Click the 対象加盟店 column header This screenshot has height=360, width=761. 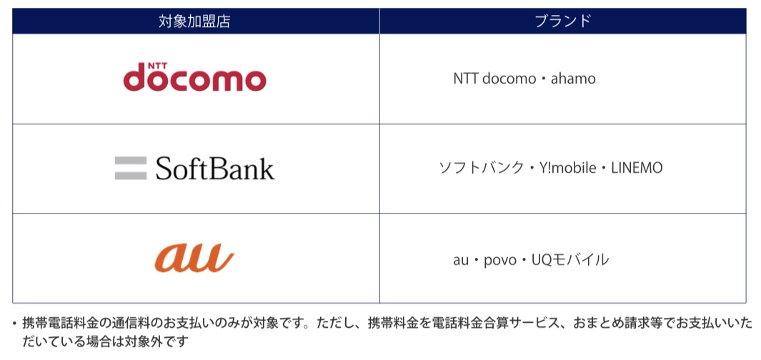[194, 21]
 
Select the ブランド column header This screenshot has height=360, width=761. [563, 21]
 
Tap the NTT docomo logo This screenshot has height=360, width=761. [194, 77]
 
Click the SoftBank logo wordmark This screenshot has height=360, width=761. [215, 169]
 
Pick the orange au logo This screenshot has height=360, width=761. [194, 258]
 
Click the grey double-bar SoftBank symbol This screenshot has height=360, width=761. [131, 168]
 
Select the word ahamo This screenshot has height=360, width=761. [573, 79]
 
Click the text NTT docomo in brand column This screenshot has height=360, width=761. [494, 79]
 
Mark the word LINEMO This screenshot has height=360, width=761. [637, 169]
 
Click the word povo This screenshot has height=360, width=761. [500, 260]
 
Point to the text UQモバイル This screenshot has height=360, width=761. [570, 260]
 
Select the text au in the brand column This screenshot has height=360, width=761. [461, 260]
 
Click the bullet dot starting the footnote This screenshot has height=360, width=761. [14, 323]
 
